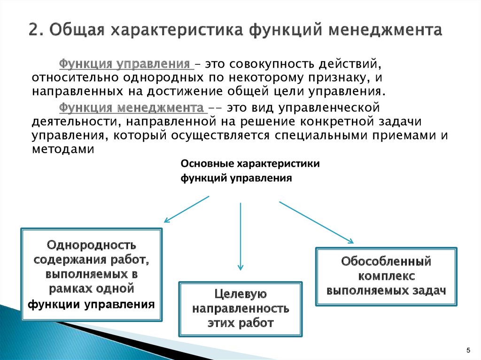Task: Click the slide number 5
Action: pyautogui.click(x=468, y=351)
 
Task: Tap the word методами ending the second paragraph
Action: pyautogui.click(x=63, y=149)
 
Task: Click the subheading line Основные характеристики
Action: pyautogui.click(x=250, y=164)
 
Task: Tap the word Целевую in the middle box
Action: pyautogui.click(x=240, y=294)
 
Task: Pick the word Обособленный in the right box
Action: pyautogui.click(x=386, y=261)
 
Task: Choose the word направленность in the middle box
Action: pyautogui.click(x=240, y=309)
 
